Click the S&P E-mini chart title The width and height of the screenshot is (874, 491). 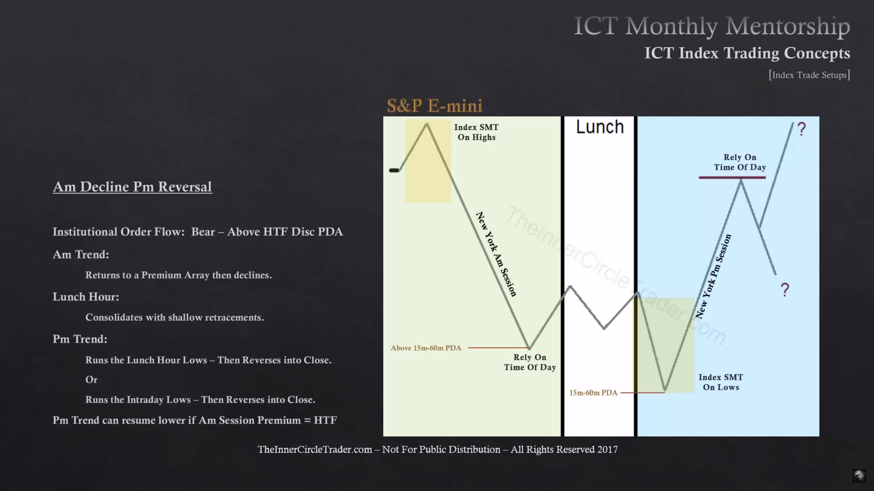coord(435,106)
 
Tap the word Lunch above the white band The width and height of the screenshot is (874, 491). coord(600,127)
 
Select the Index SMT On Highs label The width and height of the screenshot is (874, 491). coord(476,132)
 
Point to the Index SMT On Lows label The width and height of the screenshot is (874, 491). coord(721,382)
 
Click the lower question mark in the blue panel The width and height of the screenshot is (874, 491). coord(785,290)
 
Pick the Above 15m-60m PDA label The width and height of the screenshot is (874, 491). coord(426,348)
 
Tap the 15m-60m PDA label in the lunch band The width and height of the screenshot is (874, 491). coord(593,393)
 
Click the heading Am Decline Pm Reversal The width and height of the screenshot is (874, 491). coord(132,187)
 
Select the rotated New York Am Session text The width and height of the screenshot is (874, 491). coord(496,255)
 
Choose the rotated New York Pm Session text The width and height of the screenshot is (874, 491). coord(713,276)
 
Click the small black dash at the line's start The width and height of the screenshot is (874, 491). coord(394,170)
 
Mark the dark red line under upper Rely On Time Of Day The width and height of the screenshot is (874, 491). coord(732,178)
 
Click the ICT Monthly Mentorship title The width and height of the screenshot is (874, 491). coord(712,26)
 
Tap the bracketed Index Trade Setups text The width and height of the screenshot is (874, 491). coord(809,75)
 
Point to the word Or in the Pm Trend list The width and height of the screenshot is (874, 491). coord(91,380)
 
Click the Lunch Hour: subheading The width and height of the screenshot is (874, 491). coord(86,297)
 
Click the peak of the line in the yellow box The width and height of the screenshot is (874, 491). coord(427,124)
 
